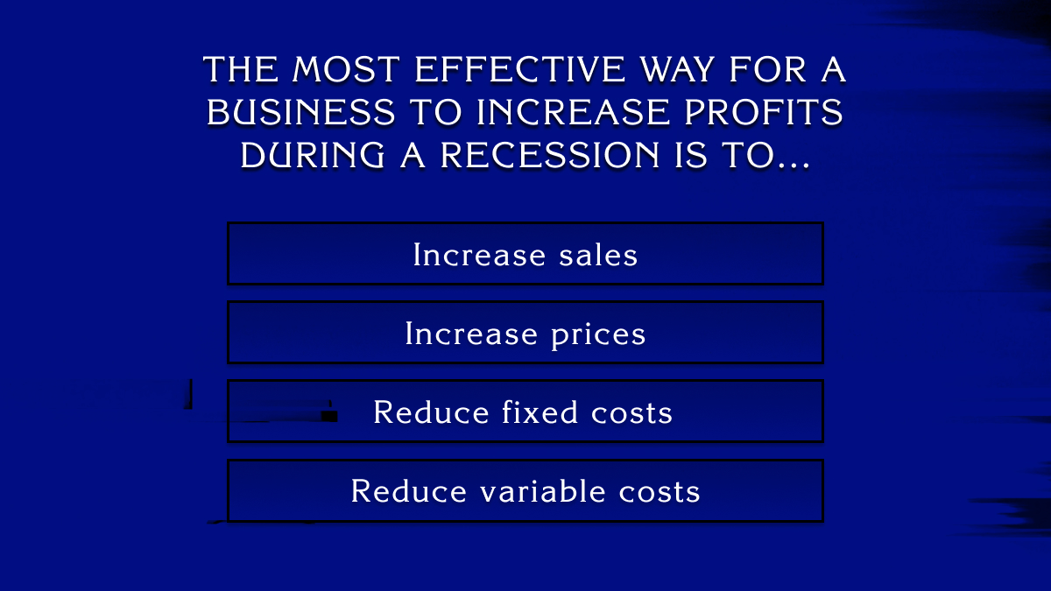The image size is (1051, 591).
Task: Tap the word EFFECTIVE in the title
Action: tap(520, 69)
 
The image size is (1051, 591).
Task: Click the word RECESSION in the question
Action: tap(550, 155)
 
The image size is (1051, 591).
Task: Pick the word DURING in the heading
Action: tap(312, 155)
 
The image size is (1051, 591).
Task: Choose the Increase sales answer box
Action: tap(525, 254)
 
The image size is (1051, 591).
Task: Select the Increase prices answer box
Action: tap(525, 333)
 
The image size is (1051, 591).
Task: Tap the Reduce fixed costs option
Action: tap(525, 412)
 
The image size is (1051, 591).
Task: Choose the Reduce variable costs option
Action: tap(525, 490)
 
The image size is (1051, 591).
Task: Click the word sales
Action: tap(598, 255)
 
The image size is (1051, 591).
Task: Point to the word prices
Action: tap(598, 334)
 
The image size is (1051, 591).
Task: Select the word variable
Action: tap(542, 491)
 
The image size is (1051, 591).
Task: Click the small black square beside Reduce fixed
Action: tap(329, 414)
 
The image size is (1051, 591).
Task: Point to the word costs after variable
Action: tap(660, 492)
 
